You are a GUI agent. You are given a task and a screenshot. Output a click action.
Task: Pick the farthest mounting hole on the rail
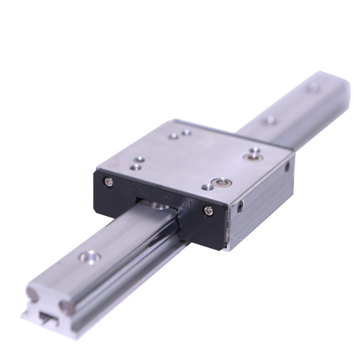[313, 88]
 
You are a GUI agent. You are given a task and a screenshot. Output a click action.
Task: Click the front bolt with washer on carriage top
[222, 181]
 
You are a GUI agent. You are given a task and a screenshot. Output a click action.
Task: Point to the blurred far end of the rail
[329, 88]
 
